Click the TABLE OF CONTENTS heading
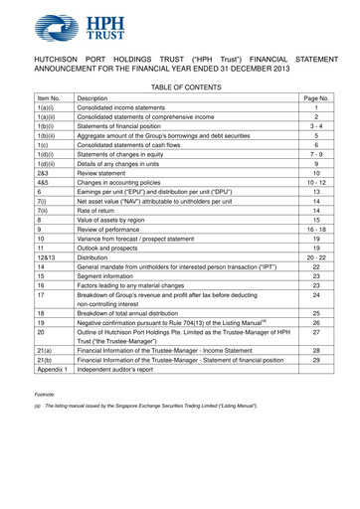point(179,87)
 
